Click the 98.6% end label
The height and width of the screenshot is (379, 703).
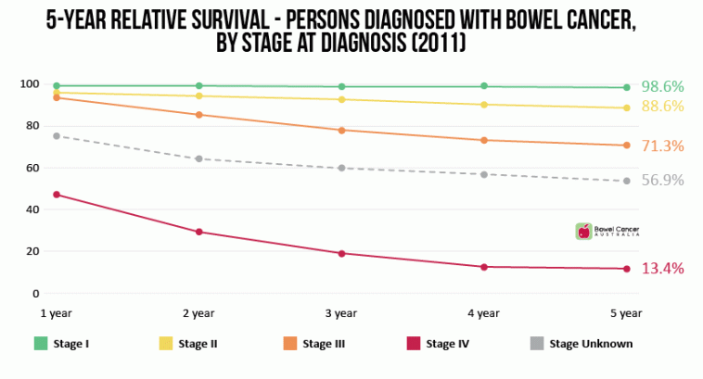tap(662, 86)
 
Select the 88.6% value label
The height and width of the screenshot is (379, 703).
tap(662, 107)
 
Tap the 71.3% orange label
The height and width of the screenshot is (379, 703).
tap(662, 145)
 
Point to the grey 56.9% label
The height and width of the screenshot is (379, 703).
tap(662, 180)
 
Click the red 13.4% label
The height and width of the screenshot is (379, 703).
tap(662, 269)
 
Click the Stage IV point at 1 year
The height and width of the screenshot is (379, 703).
tap(57, 195)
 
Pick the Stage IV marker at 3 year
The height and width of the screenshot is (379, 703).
tap(341, 253)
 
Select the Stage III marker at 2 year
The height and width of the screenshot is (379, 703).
tap(199, 115)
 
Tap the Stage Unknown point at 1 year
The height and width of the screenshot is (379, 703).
tap(57, 136)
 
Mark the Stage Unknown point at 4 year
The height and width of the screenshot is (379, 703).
tap(484, 174)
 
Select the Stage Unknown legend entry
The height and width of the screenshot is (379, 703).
tap(582, 344)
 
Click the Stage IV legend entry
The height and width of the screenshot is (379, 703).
tap(439, 344)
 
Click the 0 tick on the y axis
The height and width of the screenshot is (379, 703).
tap(35, 294)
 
